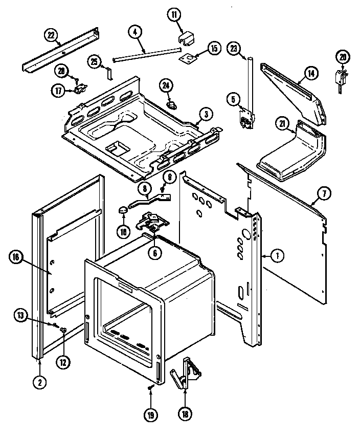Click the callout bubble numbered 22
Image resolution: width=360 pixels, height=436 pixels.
coord(50,34)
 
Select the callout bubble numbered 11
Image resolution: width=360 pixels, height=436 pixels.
coord(176,15)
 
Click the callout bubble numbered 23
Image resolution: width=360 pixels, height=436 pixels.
coord(234,49)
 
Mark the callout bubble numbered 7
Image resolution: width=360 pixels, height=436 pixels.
coord(325,193)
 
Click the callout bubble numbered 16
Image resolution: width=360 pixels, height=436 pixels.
coord(14,257)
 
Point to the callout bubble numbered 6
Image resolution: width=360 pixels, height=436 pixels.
coord(153,251)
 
